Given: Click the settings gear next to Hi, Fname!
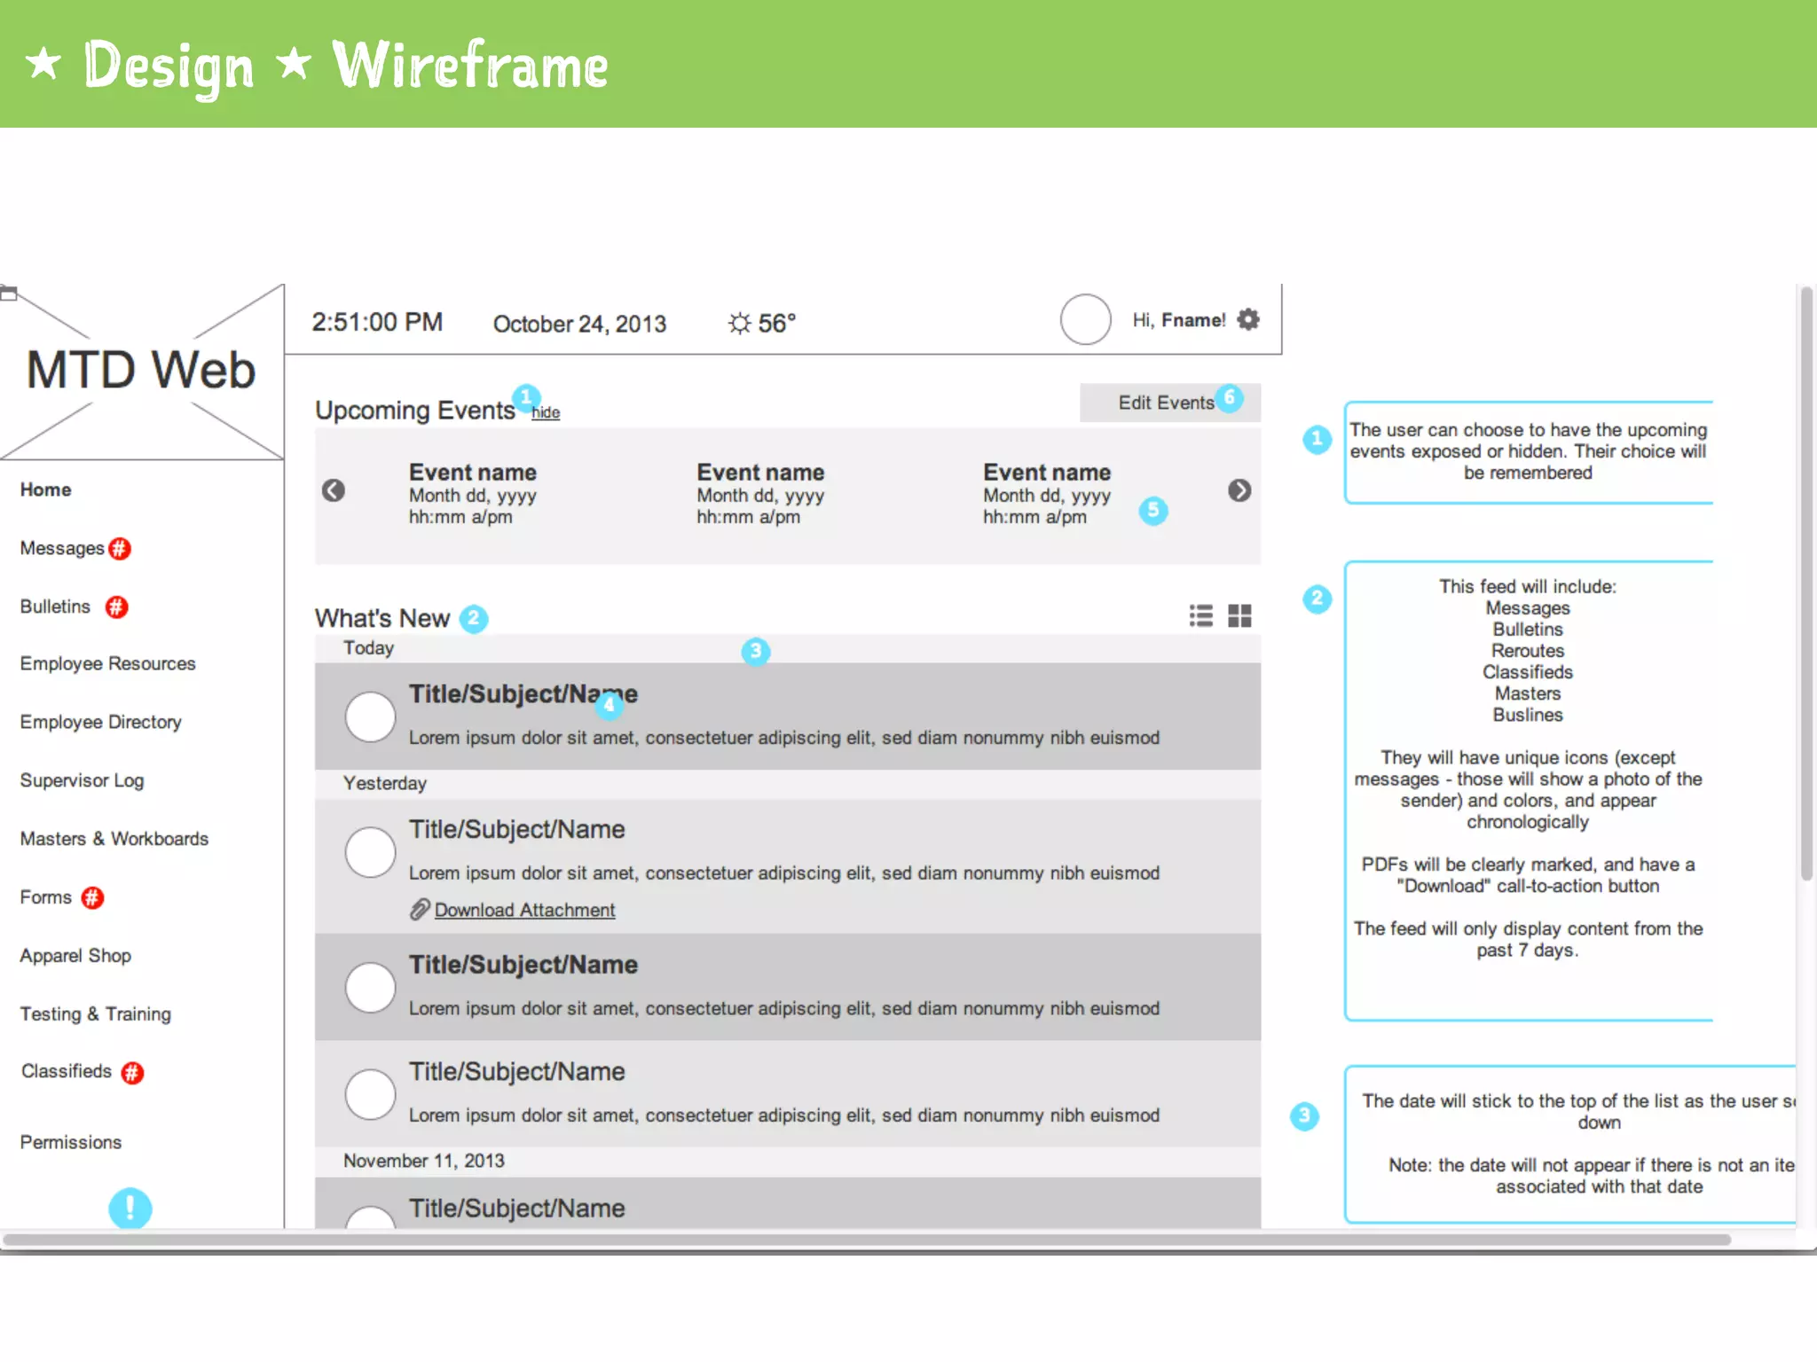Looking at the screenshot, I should pos(1248,319).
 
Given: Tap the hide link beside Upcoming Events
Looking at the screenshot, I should pos(546,413).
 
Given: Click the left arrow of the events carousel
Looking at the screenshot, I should pos(334,490).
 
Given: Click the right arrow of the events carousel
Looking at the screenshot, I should pos(1239,490).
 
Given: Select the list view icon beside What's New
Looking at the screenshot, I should pos(1201,615).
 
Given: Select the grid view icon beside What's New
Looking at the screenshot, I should pos(1239,615).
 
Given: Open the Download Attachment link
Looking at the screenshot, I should pos(523,910).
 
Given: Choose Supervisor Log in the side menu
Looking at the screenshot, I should pos(82,780).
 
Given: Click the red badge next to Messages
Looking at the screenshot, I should pos(120,549).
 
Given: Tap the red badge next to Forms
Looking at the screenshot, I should pos(92,898).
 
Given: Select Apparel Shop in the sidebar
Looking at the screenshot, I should pos(75,956).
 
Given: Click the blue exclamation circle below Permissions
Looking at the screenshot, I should pos(130,1208).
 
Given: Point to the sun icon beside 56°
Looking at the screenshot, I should pos(739,324).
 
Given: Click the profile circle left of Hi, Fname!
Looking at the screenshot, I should pos(1085,319).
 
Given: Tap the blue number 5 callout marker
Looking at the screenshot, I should pos(1152,510).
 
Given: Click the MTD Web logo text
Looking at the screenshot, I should pos(141,370).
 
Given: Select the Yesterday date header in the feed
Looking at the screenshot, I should pos(385,784).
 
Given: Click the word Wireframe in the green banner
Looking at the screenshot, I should pos(470,67).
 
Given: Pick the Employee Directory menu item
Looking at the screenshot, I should pos(100,722).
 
